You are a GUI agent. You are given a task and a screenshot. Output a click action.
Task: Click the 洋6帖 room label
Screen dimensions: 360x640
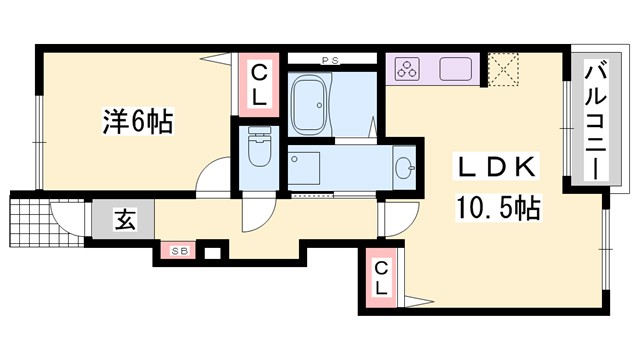[137, 123]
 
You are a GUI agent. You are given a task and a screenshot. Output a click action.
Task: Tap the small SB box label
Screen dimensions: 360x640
[180, 249]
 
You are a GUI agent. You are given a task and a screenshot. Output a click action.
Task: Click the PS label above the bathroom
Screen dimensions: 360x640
[330, 61]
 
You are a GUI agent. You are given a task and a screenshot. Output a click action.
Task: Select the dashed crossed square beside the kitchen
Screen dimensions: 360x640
[501, 69]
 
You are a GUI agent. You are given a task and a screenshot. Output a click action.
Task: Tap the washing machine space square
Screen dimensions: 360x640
[303, 167]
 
